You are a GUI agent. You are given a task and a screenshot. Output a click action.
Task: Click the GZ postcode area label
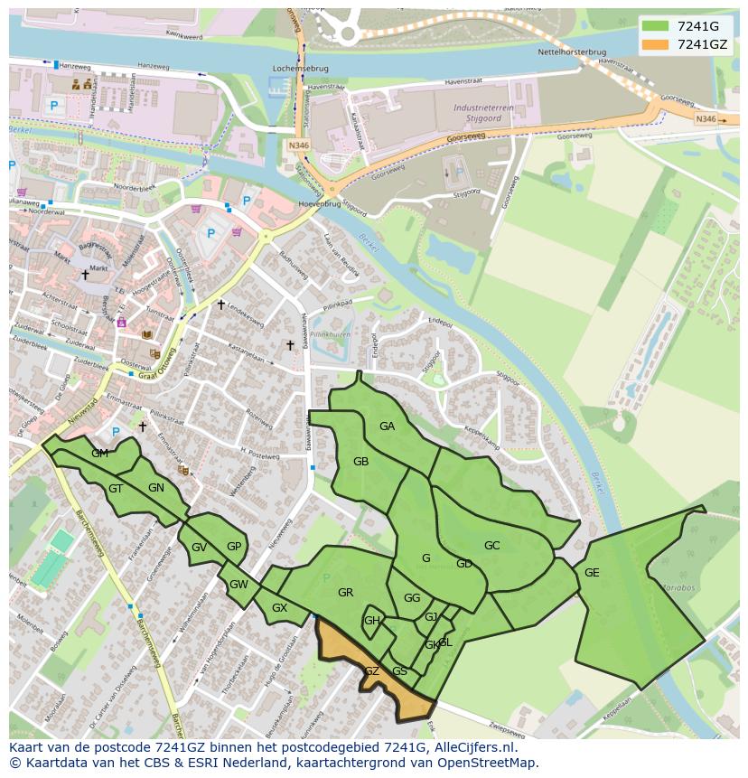pyautogui.click(x=371, y=671)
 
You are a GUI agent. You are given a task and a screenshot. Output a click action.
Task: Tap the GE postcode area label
pyautogui.click(x=592, y=573)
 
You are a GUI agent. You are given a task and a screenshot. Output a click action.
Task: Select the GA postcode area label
pyautogui.click(x=387, y=426)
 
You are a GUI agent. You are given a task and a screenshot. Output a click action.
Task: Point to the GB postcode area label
pyautogui.click(x=360, y=462)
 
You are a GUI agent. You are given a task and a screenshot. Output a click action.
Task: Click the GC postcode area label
pyautogui.click(x=491, y=546)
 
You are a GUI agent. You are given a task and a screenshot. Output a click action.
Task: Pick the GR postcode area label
pyautogui.click(x=345, y=593)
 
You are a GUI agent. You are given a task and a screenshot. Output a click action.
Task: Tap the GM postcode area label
pyautogui.click(x=99, y=454)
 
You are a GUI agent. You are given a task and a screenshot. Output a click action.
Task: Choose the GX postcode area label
pyautogui.click(x=279, y=608)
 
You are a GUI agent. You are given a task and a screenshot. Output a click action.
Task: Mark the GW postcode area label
pyautogui.click(x=238, y=585)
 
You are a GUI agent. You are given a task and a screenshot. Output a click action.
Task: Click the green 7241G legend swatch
pyautogui.click(x=656, y=25)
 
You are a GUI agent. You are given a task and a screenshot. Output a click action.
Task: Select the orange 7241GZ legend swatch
pyautogui.click(x=656, y=43)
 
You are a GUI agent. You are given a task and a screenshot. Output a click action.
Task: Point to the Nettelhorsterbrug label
pyautogui.click(x=597, y=52)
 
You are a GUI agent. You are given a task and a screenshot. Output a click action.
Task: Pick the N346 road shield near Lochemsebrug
pyautogui.click(x=298, y=145)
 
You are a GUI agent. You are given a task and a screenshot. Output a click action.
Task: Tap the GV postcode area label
pyautogui.click(x=199, y=548)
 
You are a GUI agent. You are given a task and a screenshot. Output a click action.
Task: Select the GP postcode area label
pyautogui.click(x=234, y=547)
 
